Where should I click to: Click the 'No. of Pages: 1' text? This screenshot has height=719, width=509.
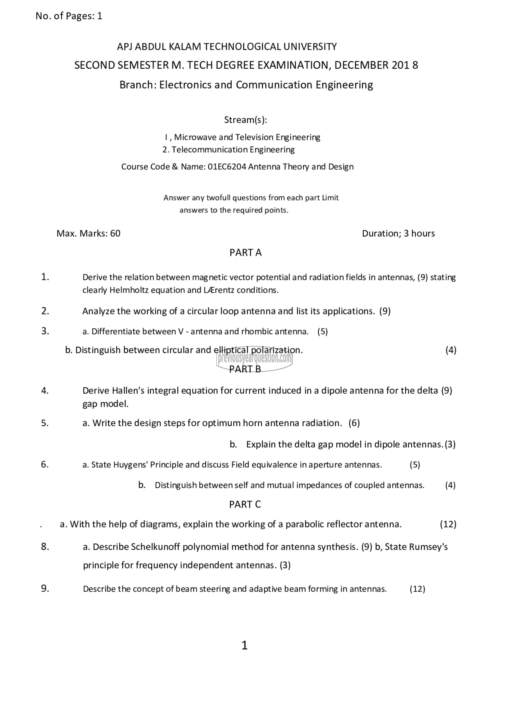tap(69, 16)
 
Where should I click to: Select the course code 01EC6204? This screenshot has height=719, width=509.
tap(227, 167)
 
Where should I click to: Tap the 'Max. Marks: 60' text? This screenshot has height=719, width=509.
tap(88, 233)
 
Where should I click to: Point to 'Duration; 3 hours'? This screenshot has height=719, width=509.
tap(398, 233)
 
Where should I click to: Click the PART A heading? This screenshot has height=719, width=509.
tap(245, 252)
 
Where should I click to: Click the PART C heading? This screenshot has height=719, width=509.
tap(245, 504)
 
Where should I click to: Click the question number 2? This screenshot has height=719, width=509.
tap(45, 311)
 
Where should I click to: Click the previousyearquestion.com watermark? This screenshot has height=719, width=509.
tap(254, 358)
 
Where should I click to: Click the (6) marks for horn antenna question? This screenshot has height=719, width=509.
tap(354, 423)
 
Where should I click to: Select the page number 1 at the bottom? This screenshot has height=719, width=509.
tap(245, 646)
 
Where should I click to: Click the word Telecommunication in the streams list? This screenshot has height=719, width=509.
tap(205, 150)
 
